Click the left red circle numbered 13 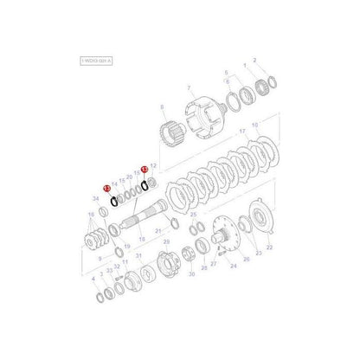106,188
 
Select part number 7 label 190,88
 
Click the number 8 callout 161,106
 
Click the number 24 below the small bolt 232,266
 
